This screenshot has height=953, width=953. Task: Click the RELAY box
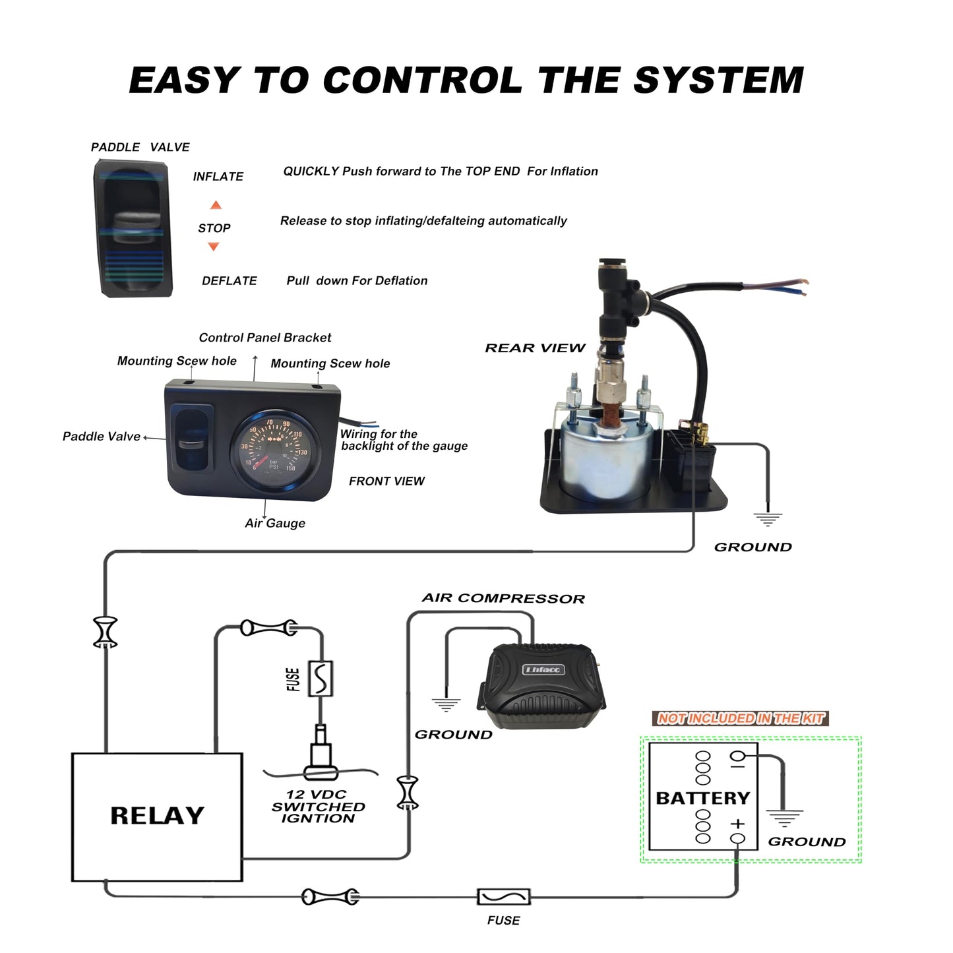click(157, 816)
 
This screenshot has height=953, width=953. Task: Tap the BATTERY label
click(702, 798)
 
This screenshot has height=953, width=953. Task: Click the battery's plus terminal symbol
click(737, 824)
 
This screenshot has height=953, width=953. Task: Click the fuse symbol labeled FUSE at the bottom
click(503, 897)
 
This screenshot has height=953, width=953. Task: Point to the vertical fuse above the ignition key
click(321, 678)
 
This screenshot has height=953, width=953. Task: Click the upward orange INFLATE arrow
click(215, 205)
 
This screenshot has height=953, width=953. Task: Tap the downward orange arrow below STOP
click(213, 247)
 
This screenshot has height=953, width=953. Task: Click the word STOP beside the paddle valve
click(214, 228)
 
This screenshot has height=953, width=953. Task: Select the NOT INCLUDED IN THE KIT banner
click(740, 718)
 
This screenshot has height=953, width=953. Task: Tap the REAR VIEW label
click(535, 348)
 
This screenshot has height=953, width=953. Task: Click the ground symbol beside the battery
click(784, 818)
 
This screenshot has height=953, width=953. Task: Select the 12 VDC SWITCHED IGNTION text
click(318, 806)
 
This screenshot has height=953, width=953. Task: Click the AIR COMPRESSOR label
click(503, 598)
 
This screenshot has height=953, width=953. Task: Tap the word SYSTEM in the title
click(718, 80)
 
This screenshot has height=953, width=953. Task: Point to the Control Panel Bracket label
click(264, 338)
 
